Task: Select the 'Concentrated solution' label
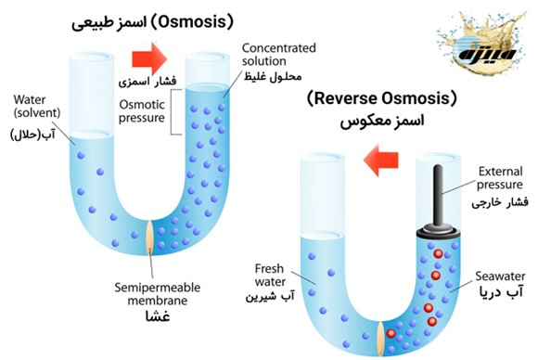coord(279,54)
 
